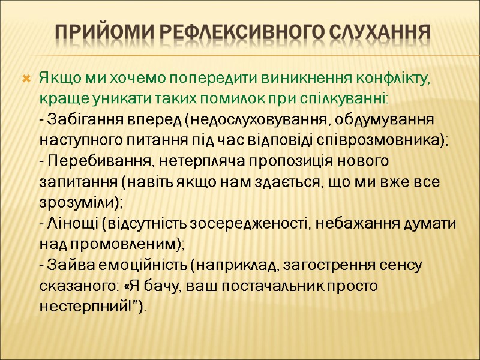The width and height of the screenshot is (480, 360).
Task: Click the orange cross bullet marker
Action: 26,79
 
